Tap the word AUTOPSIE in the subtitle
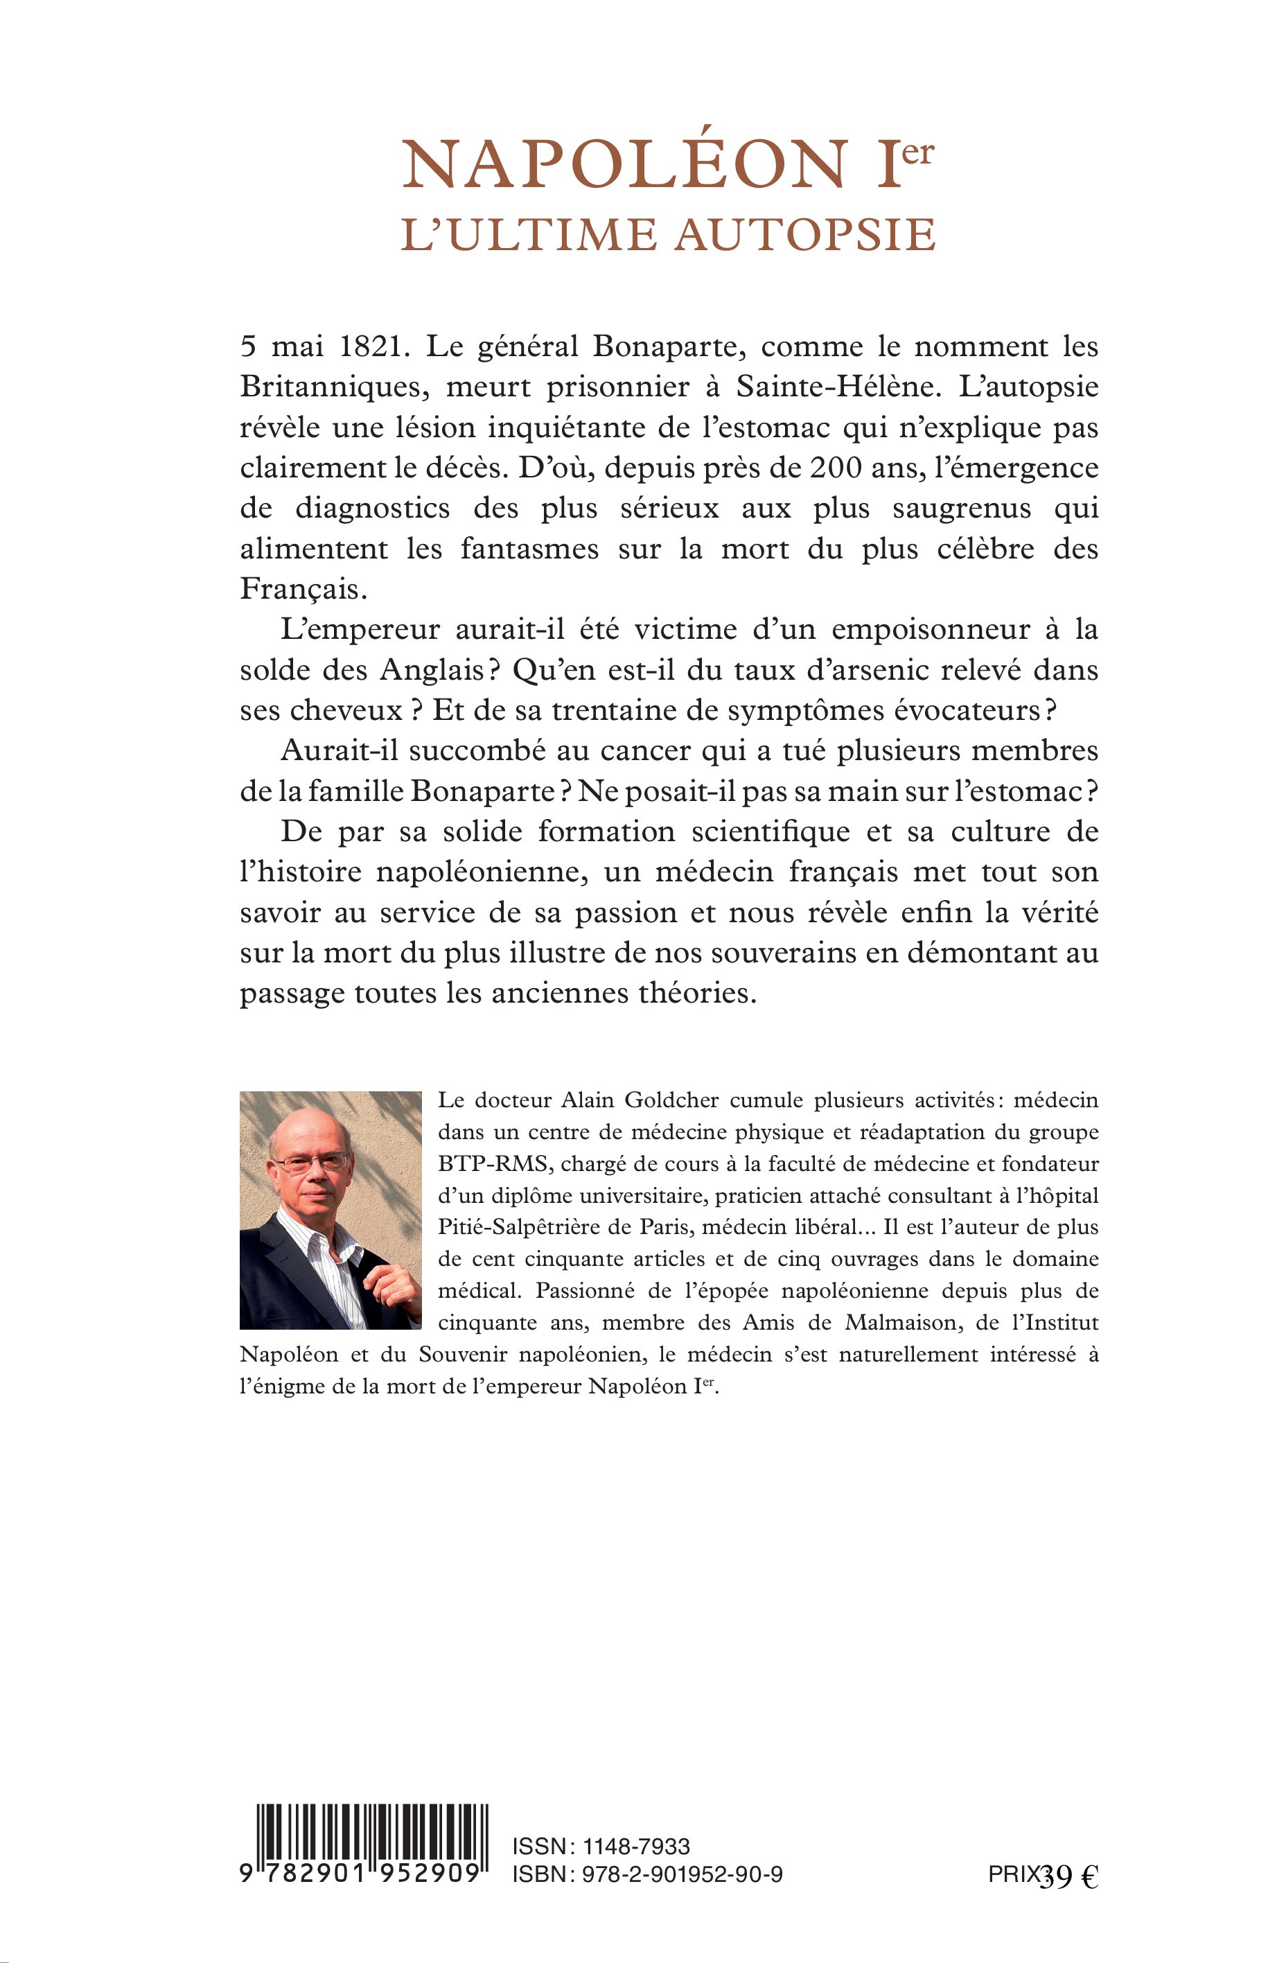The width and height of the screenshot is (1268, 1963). click(805, 235)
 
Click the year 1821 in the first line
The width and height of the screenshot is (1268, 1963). click(375, 346)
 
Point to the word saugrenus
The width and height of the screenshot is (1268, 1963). click(961, 508)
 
